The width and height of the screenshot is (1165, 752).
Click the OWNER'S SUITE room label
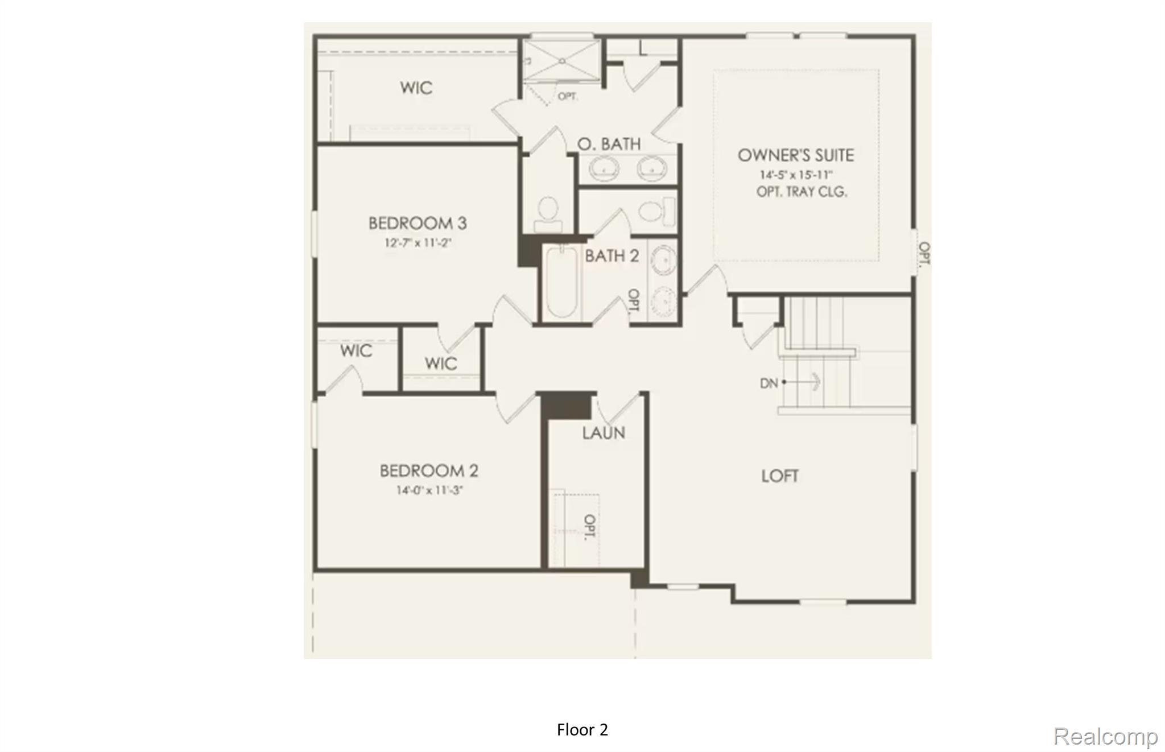click(x=795, y=155)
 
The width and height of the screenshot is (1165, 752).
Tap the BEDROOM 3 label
click(x=418, y=223)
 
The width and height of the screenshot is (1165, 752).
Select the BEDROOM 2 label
click(x=429, y=471)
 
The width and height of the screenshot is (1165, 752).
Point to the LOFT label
click(x=780, y=476)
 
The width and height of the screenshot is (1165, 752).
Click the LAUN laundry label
click(x=604, y=433)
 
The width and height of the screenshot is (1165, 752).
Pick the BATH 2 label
click(x=612, y=256)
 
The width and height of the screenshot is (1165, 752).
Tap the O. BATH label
click(x=609, y=144)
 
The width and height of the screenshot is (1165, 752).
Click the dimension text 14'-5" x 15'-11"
click(x=796, y=175)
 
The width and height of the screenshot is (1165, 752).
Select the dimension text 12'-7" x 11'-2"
click(x=418, y=243)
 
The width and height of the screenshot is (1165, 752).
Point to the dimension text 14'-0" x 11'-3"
click(x=429, y=490)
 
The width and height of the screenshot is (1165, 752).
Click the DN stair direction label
click(x=769, y=383)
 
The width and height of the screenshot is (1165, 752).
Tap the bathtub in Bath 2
click(x=561, y=283)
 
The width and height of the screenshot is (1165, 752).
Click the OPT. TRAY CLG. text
click(x=802, y=192)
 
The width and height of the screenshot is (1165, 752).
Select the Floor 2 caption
click(x=582, y=730)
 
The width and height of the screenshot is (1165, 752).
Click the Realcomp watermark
click(x=1105, y=737)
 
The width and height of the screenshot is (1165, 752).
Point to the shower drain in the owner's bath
click(x=561, y=61)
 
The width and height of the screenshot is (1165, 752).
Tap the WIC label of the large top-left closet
click(x=416, y=88)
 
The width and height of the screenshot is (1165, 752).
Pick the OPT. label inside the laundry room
click(x=590, y=527)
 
